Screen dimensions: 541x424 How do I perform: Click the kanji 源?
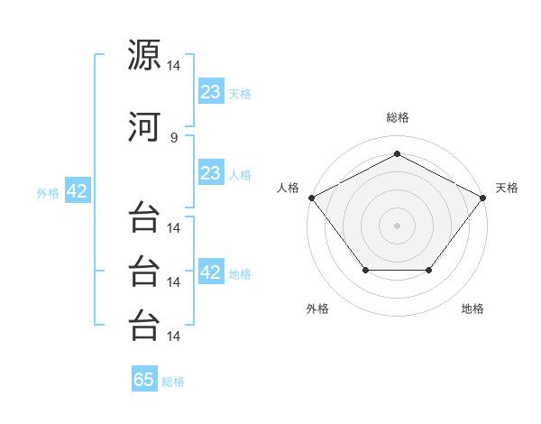point(144,54)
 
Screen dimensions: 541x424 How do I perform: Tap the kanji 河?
point(144,126)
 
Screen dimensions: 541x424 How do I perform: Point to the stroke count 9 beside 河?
point(174,138)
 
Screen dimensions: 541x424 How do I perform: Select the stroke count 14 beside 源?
point(173,66)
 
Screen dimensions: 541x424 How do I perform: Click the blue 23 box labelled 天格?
point(211,90)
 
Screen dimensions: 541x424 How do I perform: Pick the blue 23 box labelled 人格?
point(211,171)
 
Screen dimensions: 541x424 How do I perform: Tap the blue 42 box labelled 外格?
point(78,189)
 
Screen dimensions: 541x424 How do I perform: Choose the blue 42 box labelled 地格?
point(211,271)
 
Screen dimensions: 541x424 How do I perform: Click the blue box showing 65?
point(144,378)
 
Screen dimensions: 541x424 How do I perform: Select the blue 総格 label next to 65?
point(173,382)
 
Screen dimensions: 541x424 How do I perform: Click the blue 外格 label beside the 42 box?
point(48,193)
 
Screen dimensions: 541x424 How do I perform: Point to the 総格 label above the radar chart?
point(398,117)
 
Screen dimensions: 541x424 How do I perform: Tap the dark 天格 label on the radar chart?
point(507,188)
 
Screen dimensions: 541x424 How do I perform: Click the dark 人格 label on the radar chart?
point(288,188)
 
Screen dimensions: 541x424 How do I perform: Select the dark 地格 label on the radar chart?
point(472,309)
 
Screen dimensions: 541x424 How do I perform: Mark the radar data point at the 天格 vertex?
point(483,198)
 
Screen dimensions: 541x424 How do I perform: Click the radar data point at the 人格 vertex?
point(312,198)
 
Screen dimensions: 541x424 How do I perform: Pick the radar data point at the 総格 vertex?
point(397,153)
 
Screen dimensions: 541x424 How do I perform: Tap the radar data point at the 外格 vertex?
point(366,270)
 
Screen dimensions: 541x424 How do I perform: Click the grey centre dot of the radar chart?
point(397,226)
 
